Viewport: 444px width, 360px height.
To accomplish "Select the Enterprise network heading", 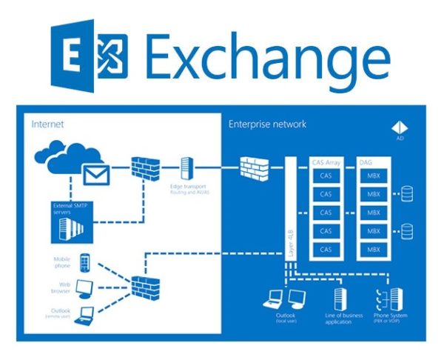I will point(267,124).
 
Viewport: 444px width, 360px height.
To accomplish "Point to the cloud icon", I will point(59,160).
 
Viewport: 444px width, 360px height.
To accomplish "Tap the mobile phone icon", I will point(84,262).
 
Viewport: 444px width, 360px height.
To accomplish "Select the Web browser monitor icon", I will point(85,287).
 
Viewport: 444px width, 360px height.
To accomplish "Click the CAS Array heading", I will point(325,161).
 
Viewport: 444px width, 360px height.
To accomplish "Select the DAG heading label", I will point(366,161).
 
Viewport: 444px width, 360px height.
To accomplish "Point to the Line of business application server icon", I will point(340,299).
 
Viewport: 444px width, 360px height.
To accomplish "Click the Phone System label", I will point(390,321).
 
